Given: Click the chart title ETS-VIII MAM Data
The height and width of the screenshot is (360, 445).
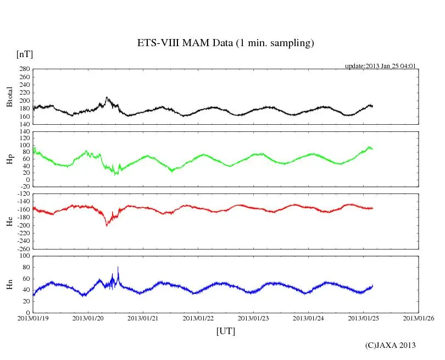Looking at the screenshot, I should [225, 43].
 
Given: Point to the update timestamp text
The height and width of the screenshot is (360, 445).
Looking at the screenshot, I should [380, 66].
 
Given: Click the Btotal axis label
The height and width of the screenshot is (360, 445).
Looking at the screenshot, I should [9, 97].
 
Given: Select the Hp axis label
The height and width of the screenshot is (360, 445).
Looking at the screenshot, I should [9, 160].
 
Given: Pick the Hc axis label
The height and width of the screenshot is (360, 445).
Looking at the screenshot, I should [9, 221].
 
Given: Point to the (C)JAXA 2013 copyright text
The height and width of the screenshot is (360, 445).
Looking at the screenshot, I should [391, 345].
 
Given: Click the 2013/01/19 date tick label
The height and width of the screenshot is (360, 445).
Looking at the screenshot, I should [33, 318].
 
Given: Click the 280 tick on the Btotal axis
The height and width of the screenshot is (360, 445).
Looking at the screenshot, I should [24, 69].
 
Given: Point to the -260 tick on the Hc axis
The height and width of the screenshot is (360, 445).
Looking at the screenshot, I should [23, 248].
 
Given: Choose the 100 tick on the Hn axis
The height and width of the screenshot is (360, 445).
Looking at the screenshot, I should [24, 256].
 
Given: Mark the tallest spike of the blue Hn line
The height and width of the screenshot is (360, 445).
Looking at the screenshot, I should [118, 267].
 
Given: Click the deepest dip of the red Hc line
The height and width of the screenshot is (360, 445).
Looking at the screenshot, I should [107, 225].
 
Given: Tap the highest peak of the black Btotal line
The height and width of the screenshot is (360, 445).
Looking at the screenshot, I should [107, 98].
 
